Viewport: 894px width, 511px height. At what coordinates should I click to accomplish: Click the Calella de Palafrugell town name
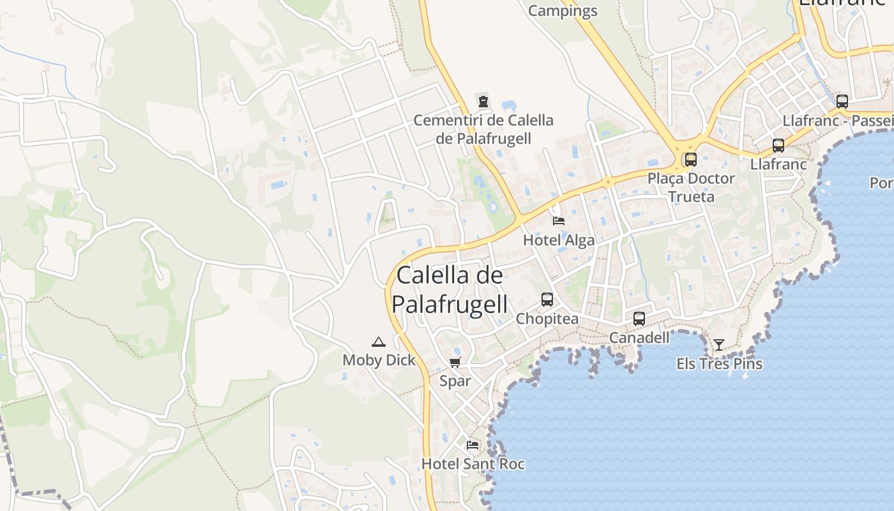(x=450, y=289)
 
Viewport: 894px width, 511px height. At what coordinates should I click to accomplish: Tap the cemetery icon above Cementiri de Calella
(x=483, y=101)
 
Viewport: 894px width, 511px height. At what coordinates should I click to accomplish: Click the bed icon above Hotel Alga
(x=559, y=221)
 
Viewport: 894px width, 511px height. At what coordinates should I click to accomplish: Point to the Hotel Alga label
(x=559, y=240)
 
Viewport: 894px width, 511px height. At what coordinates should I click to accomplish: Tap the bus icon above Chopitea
(x=547, y=299)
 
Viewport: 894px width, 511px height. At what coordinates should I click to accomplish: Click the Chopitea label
(x=547, y=318)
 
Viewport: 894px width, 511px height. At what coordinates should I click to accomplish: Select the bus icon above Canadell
(x=639, y=318)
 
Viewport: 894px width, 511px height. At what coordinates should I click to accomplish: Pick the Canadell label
(x=639, y=337)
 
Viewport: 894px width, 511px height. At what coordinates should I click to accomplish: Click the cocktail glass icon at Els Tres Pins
(x=719, y=345)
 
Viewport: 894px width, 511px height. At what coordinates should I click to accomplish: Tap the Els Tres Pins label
(x=720, y=364)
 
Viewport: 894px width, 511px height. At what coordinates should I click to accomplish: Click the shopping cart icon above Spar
(x=455, y=363)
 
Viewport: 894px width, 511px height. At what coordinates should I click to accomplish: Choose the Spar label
(x=455, y=381)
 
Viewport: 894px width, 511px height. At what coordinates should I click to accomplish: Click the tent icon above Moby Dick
(x=379, y=342)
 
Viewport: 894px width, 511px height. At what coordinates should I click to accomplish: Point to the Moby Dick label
(x=379, y=360)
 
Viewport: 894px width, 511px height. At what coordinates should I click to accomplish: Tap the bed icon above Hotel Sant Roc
(x=473, y=445)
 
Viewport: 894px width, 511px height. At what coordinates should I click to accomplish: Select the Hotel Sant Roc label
(x=473, y=464)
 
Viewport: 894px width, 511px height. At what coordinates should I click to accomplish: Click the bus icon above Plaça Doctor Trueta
(x=691, y=160)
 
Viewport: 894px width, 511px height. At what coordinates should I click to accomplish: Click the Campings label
(x=563, y=11)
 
